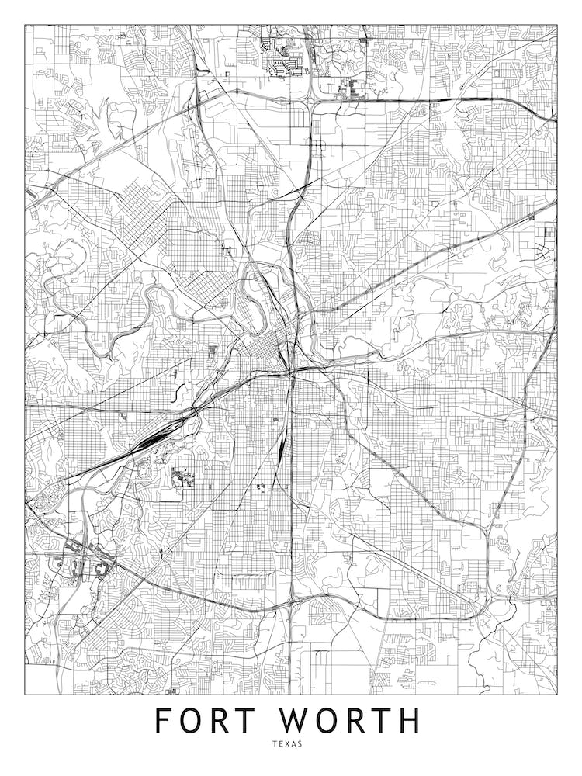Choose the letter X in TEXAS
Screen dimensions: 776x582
pyautogui.click(x=287, y=743)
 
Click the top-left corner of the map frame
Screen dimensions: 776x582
pyautogui.click(x=25, y=25)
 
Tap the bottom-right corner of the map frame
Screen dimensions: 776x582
pyautogui.click(x=557, y=693)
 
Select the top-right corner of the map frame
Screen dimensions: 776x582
pyautogui.click(x=557, y=25)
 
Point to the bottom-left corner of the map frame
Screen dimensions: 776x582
pyautogui.click(x=25, y=693)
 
